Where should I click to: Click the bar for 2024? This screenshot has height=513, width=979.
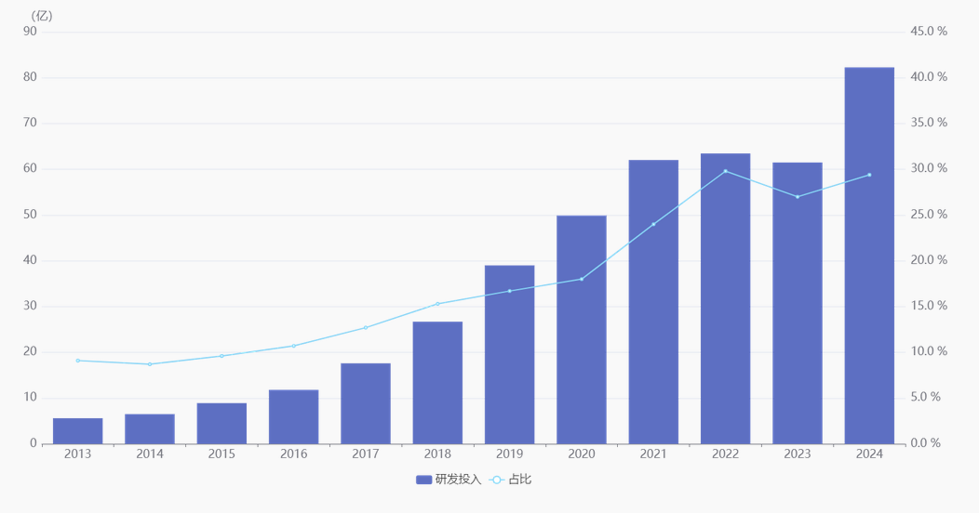click(x=869, y=256)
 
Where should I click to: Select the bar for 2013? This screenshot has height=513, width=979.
click(x=78, y=431)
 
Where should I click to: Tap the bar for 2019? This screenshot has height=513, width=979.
click(x=509, y=354)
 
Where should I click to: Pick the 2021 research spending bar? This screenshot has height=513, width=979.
click(x=653, y=302)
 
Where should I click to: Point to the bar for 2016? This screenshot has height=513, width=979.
click(x=294, y=416)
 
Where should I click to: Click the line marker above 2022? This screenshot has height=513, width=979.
click(x=726, y=171)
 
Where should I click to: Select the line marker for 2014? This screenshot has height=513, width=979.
click(x=150, y=364)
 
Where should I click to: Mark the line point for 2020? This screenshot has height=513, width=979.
click(x=582, y=279)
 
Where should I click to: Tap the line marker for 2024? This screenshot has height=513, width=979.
click(x=869, y=175)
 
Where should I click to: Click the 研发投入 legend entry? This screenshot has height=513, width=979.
click(x=449, y=480)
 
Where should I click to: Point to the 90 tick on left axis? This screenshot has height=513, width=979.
click(x=30, y=32)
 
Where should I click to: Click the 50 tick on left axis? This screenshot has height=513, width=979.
click(x=30, y=215)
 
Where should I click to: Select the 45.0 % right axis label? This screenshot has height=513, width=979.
click(x=929, y=32)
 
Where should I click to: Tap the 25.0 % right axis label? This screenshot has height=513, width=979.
click(x=929, y=215)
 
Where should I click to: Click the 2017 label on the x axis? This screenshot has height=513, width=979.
click(x=366, y=454)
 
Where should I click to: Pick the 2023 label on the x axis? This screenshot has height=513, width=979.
click(x=798, y=454)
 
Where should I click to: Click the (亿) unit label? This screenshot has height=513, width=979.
click(x=42, y=15)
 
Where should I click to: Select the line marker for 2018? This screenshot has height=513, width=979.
click(x=437, y=304)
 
